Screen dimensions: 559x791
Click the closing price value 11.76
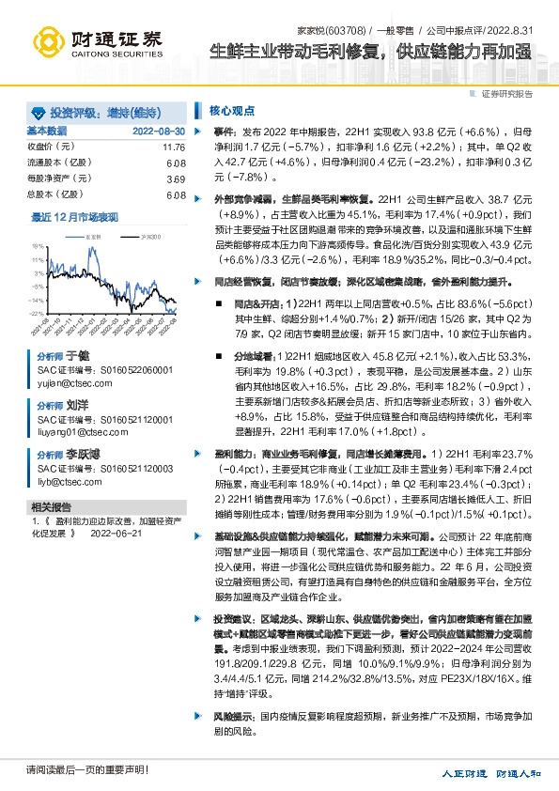point(174,147)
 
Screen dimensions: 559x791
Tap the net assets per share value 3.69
point(176,178)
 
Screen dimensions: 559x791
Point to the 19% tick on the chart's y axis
point(38,243)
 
